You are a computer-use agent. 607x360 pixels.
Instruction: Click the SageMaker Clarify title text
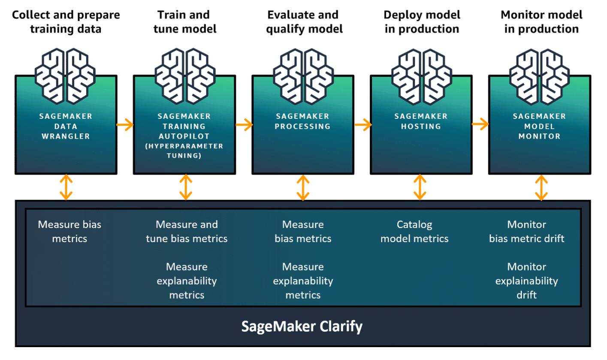302,327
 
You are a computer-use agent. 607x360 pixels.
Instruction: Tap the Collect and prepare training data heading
66,22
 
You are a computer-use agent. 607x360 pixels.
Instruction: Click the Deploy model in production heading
422,22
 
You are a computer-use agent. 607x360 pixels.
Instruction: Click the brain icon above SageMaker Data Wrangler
65,75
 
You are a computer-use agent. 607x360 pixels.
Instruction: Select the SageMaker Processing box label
303,121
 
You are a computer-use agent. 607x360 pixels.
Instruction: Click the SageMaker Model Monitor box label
539,126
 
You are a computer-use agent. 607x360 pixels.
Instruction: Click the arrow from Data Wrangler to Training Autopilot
125,125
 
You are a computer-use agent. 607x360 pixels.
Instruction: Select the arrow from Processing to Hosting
362,125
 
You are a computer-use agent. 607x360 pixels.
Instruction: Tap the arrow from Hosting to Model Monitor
480,124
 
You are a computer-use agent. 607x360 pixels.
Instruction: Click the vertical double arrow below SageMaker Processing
303,187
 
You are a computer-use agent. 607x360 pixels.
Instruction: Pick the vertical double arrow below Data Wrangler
66,187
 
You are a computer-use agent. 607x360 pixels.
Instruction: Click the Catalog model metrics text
414,232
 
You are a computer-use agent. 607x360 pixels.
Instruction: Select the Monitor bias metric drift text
527,232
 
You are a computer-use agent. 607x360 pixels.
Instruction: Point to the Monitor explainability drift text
527,281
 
